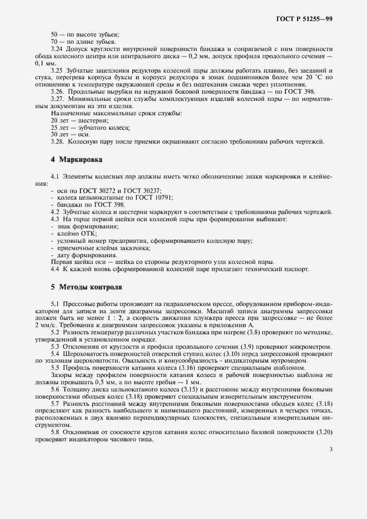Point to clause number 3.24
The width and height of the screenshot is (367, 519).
pyautogui.click(x=57, y=49)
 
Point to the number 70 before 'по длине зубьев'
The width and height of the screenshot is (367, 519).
pyautogui.click(x=54, y=42)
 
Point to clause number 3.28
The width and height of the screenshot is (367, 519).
pyautogui.click(x=57, y=141)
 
